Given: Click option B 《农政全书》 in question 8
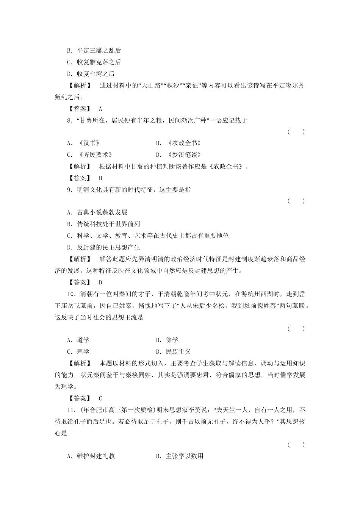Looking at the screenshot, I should tap(178, 143).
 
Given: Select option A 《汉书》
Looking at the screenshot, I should tap(83, 143).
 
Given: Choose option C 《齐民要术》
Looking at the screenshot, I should tap(89, 155).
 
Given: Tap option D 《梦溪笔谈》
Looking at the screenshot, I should tap(178, 155).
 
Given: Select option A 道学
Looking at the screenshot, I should tap(78, 340).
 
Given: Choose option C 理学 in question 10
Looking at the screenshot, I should tap(78, 351).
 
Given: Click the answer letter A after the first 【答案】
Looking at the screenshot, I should tap(100, 109).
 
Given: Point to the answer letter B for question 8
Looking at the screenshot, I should tap(100, 178).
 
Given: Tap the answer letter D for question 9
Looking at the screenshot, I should tap(100, 282).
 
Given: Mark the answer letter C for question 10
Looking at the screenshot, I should tap(100, 398).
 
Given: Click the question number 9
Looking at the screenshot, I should tap(69, 190).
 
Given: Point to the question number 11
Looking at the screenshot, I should tap(70, 410).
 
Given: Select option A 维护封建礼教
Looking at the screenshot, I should tap(91, 456).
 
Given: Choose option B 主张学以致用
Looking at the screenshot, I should tap(180, 456).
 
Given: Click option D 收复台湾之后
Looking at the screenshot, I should tap(91, 73).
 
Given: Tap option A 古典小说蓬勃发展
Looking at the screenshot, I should tap(97, 212).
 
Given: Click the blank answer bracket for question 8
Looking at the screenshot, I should tap(296, 132).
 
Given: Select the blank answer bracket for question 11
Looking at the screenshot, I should tap(296, 445).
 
